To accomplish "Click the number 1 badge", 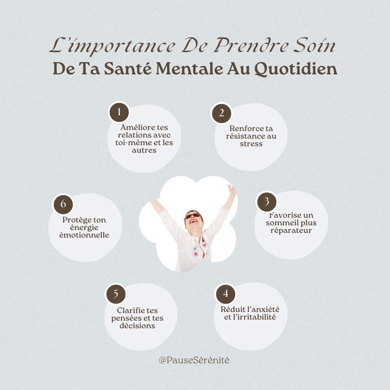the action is [119, 112].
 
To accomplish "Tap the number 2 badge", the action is [221, 113].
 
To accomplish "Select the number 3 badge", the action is [266, 202].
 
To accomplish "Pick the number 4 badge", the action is [226, 294].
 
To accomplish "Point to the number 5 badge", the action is [116, 294].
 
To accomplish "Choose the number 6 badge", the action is [64, 204].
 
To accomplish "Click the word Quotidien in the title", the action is [296, 69].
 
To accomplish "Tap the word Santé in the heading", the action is [128, 68].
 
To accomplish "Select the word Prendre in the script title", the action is [251, 45].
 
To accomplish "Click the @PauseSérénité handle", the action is [194, 360].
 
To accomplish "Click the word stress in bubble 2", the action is [251, 144].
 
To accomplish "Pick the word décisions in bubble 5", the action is [137, 326].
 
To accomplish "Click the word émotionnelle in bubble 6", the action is [84, 235].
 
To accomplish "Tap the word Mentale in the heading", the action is [189, 69].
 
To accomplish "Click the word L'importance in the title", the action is [112, 46].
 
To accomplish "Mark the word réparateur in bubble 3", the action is [291, 230].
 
